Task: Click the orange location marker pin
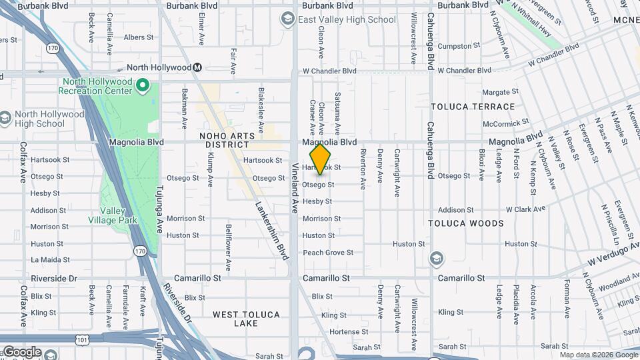(321, 159)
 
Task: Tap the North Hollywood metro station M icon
(197, 67)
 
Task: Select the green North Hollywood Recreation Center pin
(143, 85)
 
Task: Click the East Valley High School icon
(288, 19)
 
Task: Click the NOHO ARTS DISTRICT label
(227, 141)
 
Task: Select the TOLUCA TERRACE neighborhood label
(473, 107)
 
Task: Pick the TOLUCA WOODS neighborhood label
(466, 223)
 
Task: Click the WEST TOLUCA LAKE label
(246, 319)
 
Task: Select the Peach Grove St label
(328, 253)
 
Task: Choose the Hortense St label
(345, 331)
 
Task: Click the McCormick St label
(506, 123)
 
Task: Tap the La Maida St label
(51, 260)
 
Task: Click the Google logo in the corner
(21, 352)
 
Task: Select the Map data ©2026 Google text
(599, 355)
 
